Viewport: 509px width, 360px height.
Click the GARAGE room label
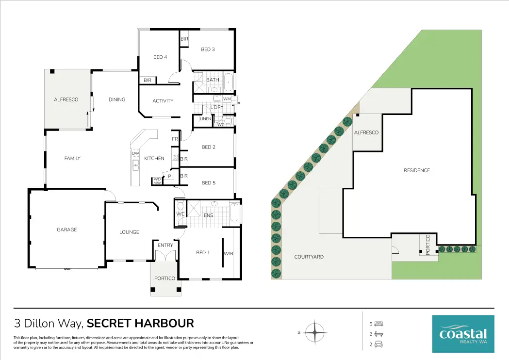(x=66, y=229)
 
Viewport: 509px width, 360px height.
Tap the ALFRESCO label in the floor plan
(x=66, y=99)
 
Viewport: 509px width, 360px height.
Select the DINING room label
(x=117, y=99)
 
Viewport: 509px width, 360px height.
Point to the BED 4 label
(x=160, y=57)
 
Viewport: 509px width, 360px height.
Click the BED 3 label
(x=208, y=49)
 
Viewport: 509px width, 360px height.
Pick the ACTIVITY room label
(x=163, y=101)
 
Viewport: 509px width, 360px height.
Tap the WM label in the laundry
(x=227, y=99)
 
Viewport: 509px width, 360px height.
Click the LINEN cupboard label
(x=205, y=119)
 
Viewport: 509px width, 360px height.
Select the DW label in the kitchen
(x=135, y=154)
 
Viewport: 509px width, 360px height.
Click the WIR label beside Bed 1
(x=229, y=254)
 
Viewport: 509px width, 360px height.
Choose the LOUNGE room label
(x=129, y=232)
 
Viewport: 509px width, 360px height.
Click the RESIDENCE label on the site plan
(x=417, y=170)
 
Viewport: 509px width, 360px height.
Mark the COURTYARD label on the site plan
(x=309, y=257)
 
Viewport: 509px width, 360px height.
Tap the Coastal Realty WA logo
(x=463, y=333)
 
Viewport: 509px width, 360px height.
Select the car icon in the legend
(x=379, y=344)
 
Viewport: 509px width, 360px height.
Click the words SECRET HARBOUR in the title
(x=141, y=323)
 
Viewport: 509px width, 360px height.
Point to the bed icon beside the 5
(x=379, y=324)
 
